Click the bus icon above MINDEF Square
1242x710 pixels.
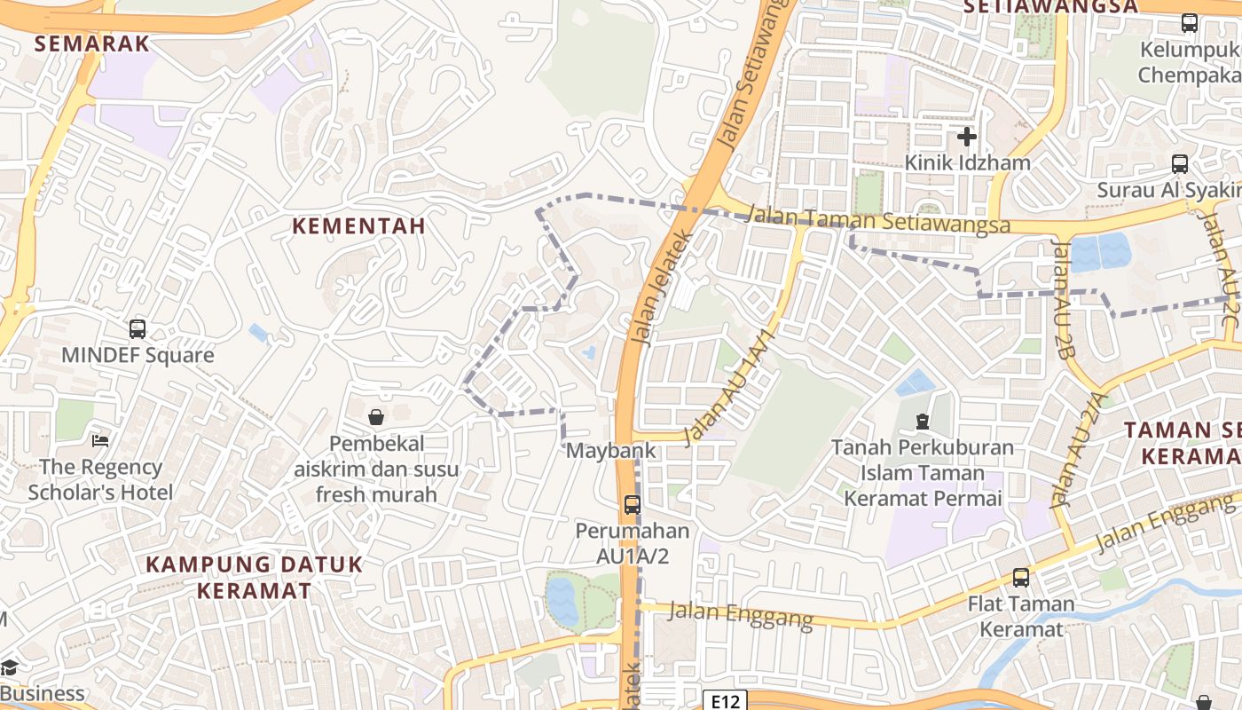[x=138, y=329]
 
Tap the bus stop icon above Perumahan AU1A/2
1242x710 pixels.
[x=633, y=505]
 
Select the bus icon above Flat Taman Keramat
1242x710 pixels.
[x=1021, y=578]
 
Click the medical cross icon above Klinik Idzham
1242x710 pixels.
[x=967, y=137]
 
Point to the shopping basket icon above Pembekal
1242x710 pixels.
[x=376, y=416]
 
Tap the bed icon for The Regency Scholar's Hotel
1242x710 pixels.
[x=100, y=441]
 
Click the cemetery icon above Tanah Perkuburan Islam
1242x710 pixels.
[x=922, y=421]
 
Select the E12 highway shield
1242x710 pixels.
[x=725, y=701]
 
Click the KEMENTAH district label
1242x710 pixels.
[x=359, y=226]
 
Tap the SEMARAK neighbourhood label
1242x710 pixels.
[x=92, y=43]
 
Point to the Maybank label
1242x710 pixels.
[x=611, y=450]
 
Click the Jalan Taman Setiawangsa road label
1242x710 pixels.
[x=878, y=219]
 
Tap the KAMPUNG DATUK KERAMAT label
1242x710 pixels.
[x=255, y=577]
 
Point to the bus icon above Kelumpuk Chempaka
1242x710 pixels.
[x=1190, y=23]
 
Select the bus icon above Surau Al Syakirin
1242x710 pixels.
[x=1180, y=163]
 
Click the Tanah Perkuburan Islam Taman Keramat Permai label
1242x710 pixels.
[x=923, y=473]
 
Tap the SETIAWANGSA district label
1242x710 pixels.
[x=1050, y=7]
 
